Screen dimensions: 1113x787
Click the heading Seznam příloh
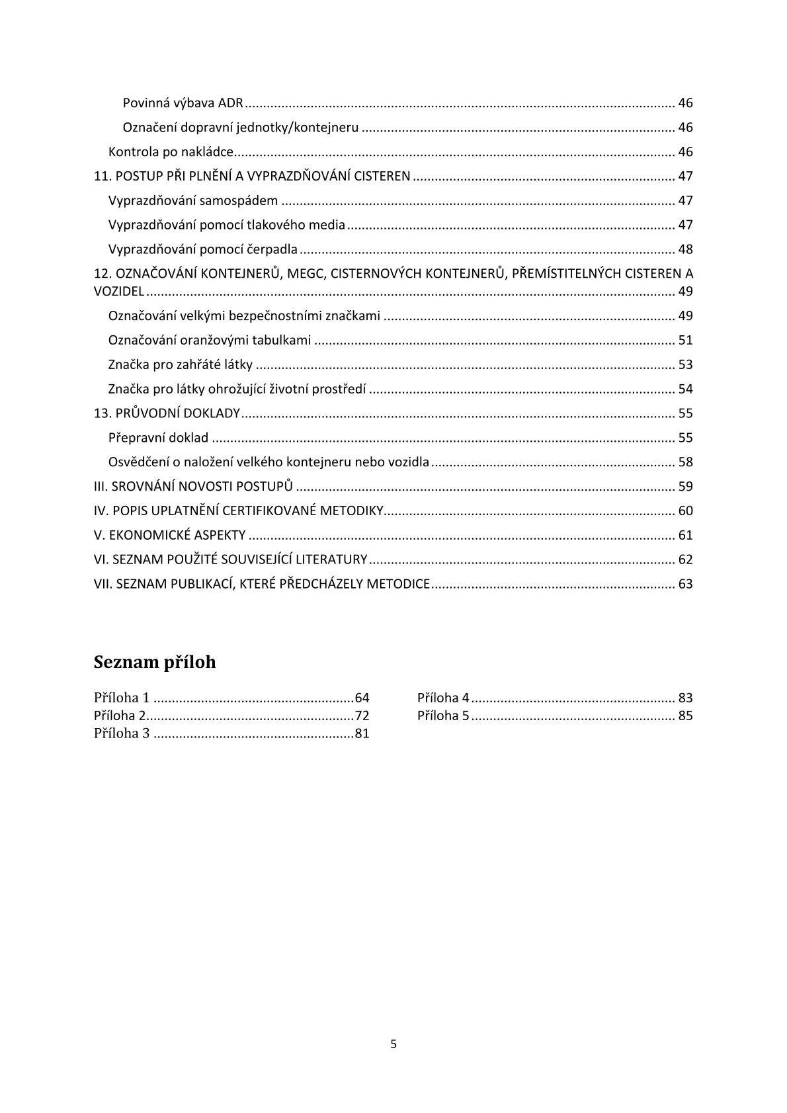(155, 662)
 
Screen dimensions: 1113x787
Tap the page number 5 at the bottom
(393, 1044)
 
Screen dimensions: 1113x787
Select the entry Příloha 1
(122, 698)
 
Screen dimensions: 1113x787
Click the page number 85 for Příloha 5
(685, 716)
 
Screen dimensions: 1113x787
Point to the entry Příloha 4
(443, 698)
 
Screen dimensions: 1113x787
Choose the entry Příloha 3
(122, 733)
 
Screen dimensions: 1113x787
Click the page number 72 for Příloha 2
(362, 716)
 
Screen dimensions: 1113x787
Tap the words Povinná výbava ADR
(183, 103)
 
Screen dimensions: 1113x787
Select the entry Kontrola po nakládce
(171, 152)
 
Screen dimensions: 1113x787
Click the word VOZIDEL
(119, 292)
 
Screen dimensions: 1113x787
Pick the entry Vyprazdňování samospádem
(193, 200)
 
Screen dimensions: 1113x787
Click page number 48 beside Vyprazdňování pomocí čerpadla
(685, 249)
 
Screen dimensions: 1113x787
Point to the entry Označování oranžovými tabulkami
(210, 340)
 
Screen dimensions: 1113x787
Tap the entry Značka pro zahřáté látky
(181, 364)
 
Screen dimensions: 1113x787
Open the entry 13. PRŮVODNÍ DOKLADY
(167, 413)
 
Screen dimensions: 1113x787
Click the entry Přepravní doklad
(158, 438)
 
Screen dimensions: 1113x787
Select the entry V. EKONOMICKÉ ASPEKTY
(170, 535)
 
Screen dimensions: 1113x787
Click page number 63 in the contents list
(685, 584)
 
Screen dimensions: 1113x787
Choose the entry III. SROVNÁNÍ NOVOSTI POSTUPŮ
(193, 487)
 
